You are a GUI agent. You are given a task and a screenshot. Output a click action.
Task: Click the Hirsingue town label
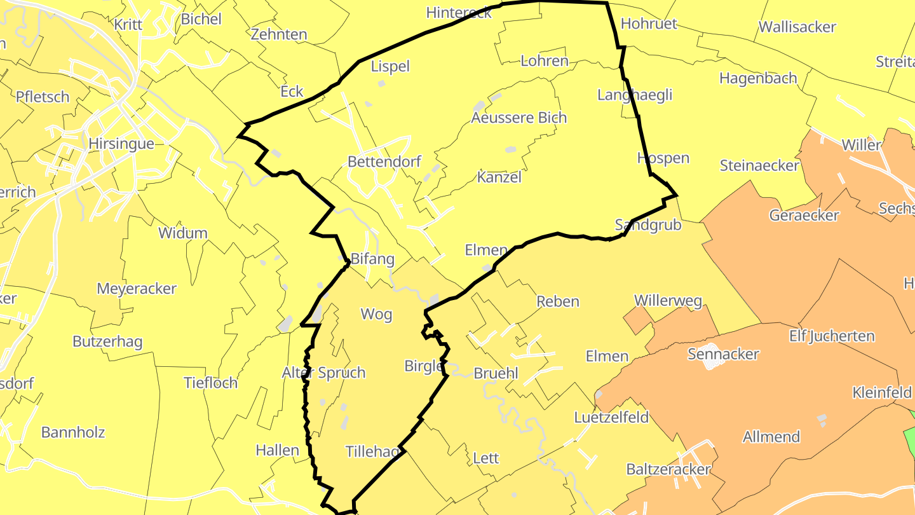[x=121, y=143]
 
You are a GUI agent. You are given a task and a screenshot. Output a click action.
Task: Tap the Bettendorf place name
[x=384, y=161]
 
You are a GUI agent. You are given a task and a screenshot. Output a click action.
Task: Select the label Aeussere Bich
[x=518, y=118]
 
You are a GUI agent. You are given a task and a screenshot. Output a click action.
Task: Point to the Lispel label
[x=390, y=66]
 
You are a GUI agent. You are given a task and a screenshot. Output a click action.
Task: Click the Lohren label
[x=544, y=61]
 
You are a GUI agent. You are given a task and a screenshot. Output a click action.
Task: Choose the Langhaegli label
[x=634, y=95]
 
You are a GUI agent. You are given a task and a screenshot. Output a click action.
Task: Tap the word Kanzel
[x=499, y=177]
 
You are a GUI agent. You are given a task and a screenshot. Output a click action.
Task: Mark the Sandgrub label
[x=648, y=224]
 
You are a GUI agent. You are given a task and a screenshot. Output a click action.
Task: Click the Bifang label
[x=372, y=259]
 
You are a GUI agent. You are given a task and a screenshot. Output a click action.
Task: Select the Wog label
[x=376, y=313]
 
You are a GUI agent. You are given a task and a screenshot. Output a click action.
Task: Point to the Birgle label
[x=424, y=366]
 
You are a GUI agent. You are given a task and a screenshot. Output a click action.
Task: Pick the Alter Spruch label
[x=323, y=373]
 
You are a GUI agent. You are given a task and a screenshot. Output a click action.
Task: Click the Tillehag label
[x=373, y=451]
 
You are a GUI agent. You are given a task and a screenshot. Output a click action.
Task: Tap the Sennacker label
[x=723, y=354]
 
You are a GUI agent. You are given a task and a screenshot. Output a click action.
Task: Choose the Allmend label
[x=771, y=437]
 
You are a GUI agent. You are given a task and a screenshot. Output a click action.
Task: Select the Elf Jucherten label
[x=832, y=336]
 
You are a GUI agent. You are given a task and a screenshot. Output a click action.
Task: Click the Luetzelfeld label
[x=611, y=417]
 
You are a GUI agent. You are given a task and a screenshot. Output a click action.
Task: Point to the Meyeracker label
[x=137, y=289]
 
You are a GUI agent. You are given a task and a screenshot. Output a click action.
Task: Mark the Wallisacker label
[x=797, y=27]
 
